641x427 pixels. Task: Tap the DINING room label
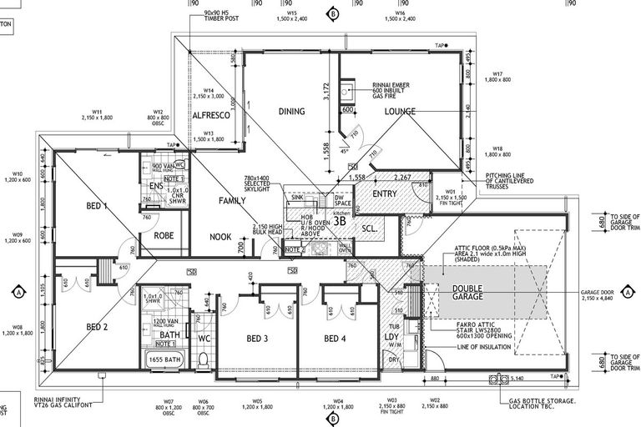(291, 111)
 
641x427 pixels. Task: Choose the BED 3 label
(257, 339)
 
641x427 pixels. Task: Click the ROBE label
(164, 236)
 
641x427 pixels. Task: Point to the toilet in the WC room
(202, 359)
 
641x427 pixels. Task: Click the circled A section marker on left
(18, 293)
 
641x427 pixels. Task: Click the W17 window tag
(502, 76)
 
